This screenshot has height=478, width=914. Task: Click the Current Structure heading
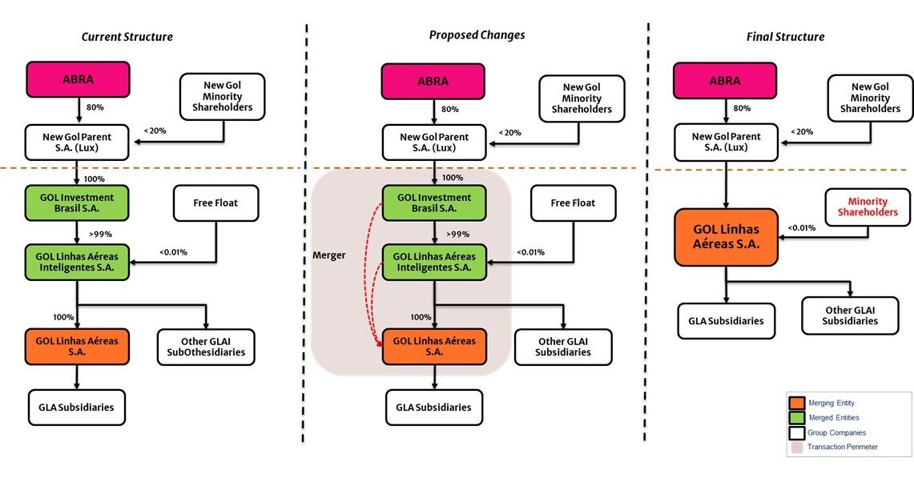coord(127,37)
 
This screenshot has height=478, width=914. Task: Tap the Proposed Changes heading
coord(477,35)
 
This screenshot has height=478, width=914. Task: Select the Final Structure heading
coord(785,37)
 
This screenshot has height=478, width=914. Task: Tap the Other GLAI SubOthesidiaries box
coord(207,346)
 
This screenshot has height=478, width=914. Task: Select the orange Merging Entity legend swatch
coord(796,403)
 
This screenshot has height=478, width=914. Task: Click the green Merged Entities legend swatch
coord(796,417)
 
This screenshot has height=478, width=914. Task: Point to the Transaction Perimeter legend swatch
coord(796,447)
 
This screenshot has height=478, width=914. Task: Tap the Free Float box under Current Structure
coord(215,203)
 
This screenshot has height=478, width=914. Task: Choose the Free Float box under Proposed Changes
coord(573,203)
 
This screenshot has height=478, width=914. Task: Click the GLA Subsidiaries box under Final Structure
coord(727,321)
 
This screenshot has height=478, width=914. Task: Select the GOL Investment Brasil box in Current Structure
coord(77,203)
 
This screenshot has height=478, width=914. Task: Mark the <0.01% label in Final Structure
coord(801,227)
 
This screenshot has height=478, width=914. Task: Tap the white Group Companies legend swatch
coord(796,432)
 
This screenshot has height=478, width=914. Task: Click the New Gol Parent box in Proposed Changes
coord(434,143)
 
